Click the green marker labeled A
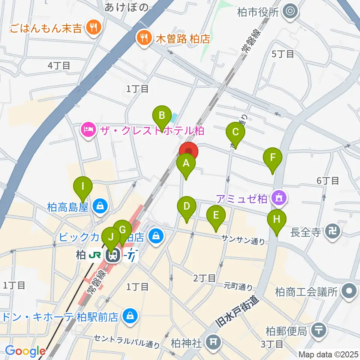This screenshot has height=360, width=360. point(186,164)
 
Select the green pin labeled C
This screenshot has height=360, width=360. point(235,132)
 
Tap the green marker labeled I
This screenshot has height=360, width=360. point(83,186)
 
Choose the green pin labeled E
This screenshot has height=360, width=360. point(216,216)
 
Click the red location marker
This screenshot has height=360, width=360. point(188,152)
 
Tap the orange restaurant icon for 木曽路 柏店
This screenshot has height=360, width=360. point(143,37)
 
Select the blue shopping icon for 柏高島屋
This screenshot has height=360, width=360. point(100,205)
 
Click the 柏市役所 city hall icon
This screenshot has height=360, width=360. point(291,12)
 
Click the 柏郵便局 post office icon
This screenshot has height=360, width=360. point(319,331)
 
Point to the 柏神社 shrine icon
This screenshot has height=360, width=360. point(214,342)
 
